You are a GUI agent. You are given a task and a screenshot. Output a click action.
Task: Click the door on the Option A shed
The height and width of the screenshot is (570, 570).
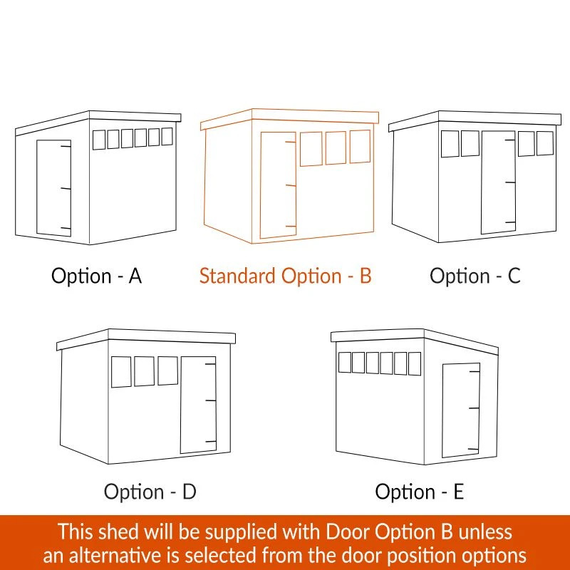tap(54, 188)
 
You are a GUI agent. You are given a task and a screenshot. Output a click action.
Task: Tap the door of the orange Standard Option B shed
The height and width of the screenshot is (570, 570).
tap(278, 185)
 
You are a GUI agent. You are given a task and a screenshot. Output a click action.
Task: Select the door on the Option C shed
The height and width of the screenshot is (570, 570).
tap(498, 182)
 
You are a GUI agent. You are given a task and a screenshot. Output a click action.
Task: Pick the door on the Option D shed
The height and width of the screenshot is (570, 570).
tap(199, 405)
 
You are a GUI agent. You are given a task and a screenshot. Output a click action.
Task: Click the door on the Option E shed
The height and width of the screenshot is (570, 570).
tap(460, 410)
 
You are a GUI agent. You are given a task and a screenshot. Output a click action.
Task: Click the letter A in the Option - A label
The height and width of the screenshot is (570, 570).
tap(135, 276)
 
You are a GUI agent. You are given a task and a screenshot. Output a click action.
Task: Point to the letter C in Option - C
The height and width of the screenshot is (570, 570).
tap(514, 276)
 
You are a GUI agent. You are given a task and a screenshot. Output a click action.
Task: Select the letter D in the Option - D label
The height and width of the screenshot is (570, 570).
tap(190, 492)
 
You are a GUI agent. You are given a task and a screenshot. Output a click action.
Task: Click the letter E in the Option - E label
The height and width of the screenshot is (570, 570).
tap(459, 492)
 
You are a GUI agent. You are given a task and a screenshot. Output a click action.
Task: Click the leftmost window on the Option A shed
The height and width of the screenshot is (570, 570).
tap(99, 140)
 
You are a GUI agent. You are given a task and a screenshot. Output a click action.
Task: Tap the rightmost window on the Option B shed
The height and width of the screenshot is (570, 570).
tap(360, 146)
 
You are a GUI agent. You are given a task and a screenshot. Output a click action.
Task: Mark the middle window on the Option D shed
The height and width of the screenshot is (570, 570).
tap(145, 371)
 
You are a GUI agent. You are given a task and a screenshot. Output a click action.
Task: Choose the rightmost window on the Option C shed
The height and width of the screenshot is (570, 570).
tap(545, 143)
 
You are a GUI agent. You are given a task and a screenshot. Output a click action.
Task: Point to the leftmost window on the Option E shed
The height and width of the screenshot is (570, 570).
tap(345, 362)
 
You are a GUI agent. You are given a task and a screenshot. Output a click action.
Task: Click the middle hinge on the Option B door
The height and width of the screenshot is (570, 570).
tap(291, 185)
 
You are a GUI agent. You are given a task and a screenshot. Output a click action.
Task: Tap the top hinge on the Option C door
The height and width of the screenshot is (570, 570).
tap(510, 140)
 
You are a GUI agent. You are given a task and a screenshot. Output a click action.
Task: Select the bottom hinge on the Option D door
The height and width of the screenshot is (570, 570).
tap(211, 442)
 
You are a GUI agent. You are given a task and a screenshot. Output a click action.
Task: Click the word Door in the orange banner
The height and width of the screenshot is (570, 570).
tap(348, 532)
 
